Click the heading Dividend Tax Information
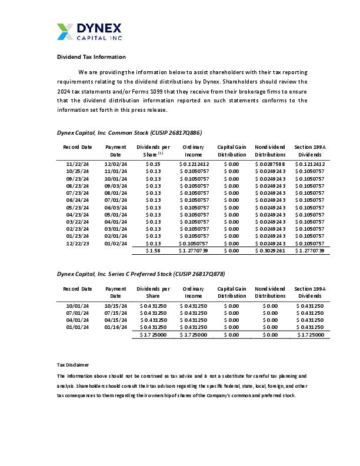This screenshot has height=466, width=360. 91,57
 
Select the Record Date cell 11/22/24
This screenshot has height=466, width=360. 78,164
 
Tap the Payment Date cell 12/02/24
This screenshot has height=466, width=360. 115,164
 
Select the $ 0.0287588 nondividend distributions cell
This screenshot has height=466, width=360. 270,164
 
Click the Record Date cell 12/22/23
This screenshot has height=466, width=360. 78,243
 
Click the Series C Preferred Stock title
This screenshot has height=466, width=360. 141,274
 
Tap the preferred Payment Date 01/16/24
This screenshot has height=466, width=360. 115,327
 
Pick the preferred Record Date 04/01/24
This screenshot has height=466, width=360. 78,319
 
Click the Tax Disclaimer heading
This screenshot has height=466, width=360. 73,365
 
